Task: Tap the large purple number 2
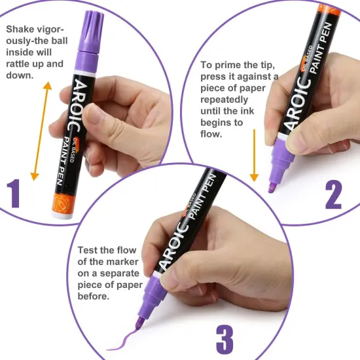[333, 194]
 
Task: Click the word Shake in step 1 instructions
[20, 29]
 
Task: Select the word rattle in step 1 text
[20, 64]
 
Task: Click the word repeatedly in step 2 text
[224, 100]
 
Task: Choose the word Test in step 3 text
[88, 250]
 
